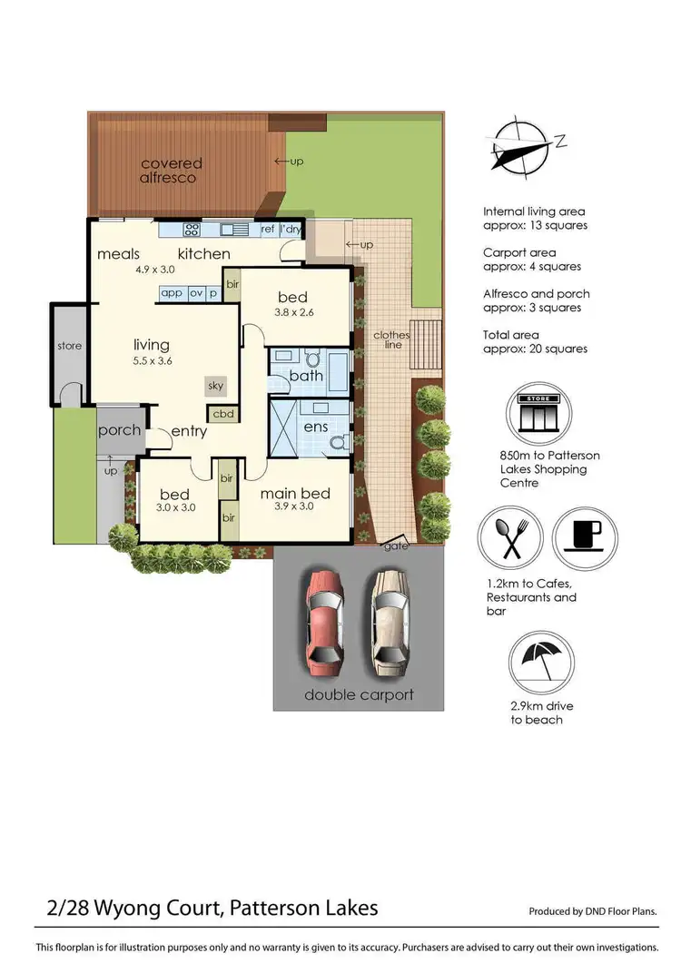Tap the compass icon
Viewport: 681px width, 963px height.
(x=520, y=145)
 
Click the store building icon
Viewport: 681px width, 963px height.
(x=541, y=413)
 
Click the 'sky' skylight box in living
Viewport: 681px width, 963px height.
(x=215, y=386)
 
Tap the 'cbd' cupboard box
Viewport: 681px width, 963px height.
(x=222, y=414)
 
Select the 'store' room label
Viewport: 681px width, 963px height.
(x=69, y=346)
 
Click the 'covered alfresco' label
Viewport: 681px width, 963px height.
(x=172, y=171)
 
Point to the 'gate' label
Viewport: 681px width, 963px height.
(x=397, y=545)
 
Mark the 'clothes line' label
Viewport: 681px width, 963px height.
(x=392, y=340)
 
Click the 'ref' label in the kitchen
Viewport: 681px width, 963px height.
(x=268, y=230)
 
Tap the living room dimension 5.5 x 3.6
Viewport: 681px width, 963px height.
(x=152, y=360)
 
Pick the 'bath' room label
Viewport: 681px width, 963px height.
(x=306, y=375)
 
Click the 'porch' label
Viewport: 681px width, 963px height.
(x=119, y=429)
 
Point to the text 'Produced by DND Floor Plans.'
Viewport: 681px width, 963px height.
(x=592, y=911)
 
